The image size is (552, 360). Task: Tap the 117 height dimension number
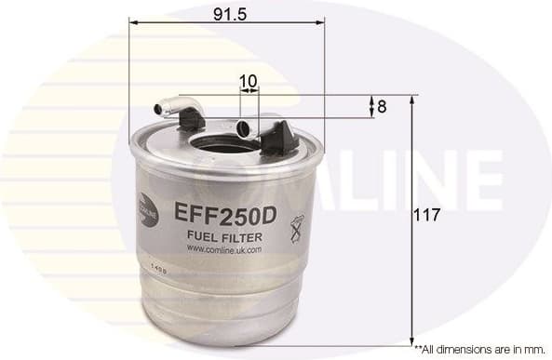[428, 215]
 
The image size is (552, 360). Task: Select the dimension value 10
[248, 81]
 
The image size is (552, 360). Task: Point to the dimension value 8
[382, 107]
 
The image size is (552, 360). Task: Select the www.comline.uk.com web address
[223, 249]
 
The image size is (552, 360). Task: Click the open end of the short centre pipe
[244, 129]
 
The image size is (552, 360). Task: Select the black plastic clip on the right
[279, 139]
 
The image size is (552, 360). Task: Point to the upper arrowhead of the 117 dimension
[412, 99]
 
